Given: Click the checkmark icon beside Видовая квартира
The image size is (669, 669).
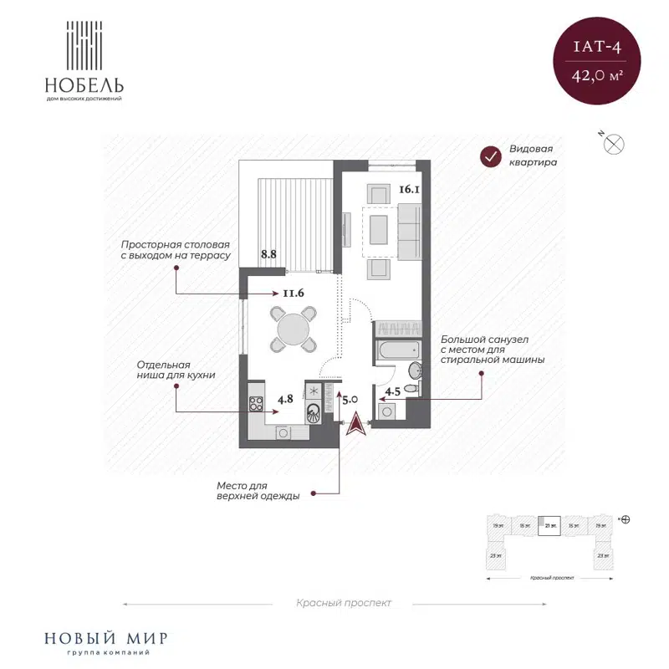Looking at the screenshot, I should pos(488,156).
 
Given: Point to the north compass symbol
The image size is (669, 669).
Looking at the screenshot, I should pos(615,143).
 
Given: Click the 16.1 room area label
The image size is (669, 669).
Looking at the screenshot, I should pos(408,190).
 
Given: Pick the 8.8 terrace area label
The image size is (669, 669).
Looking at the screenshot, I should pos(268,253).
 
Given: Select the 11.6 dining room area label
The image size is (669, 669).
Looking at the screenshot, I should pos(293,293).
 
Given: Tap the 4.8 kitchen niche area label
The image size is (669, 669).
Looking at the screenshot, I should pos(285,399).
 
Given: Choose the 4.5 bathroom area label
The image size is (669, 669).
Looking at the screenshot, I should pos(393,391).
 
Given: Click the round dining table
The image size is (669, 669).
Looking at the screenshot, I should pos(294,329).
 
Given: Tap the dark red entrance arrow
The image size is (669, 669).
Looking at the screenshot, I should pos(355,424).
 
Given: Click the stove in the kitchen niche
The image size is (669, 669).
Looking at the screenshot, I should pos(256,405).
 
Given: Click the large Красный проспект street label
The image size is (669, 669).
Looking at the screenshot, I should pos(343,603).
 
